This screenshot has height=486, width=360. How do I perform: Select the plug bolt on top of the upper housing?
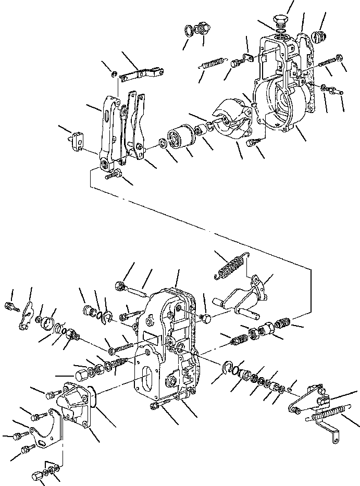point(281,24)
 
